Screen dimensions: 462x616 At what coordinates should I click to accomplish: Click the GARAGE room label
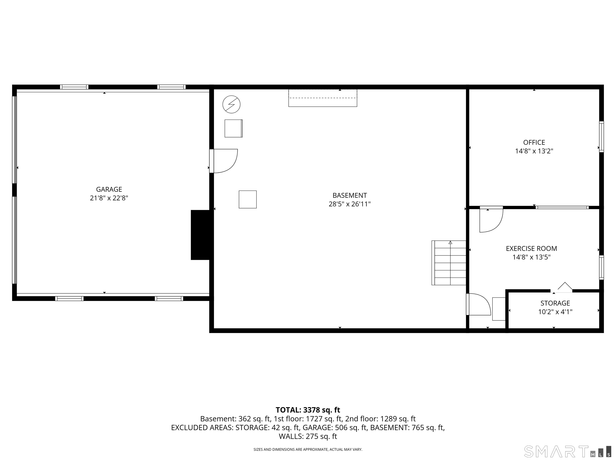tap(109, 189)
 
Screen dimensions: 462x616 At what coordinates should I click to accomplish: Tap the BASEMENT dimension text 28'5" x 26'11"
tap(350, 204)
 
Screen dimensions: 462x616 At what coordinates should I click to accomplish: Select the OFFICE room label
tap(534, 142)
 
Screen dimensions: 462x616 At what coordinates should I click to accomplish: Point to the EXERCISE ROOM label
tap(531, 248)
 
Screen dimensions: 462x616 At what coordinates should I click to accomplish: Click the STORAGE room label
tap(555, 303)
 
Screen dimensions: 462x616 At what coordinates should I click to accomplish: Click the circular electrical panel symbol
tap(231, 105)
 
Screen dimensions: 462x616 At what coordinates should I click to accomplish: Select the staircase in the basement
tap(449, 263)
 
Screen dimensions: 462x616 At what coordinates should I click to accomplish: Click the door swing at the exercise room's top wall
tap(491, 219)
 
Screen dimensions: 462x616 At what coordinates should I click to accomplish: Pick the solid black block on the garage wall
tap(200, 235)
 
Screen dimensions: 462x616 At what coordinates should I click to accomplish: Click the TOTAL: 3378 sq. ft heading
tap(308, 410)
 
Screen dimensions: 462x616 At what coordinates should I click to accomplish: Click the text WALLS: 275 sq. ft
tap(308, 436)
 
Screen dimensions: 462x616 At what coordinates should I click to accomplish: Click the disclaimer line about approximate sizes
tap(308, 450)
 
